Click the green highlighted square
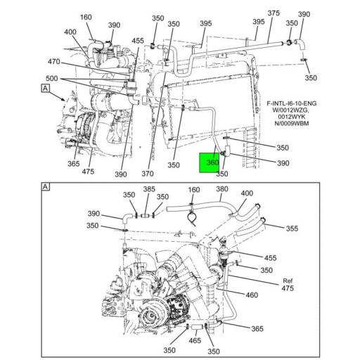coord(210,162)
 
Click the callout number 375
coord(274,13)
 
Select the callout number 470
coord(54,62)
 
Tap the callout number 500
coord(52,78)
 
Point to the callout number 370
coord(148,174)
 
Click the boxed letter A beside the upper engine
coord(45,88)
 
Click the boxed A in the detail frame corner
coord(46,187)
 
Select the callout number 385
coord(149,189)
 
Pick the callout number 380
coord(222,189)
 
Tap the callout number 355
coord(292,229)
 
